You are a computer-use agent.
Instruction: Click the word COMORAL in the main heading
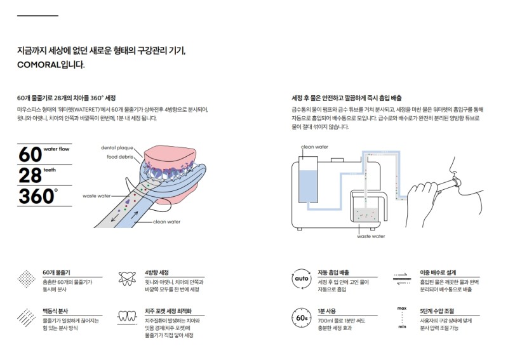click(x=39, y=65)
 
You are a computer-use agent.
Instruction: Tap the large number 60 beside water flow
click(x=29, y=154)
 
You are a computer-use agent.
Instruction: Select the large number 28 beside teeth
click(x=29, y=175)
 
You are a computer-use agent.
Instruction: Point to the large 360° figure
click(x=37, y=196)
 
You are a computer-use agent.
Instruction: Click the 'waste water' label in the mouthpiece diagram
click(x=97, y=196)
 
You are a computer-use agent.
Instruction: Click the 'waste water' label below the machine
click(x=371, y=236)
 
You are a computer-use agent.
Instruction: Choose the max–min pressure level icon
click(x=401, y=316)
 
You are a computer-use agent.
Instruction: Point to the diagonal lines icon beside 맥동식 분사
click(x=26, y=316)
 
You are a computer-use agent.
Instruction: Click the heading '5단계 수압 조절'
click(x=438, y=310)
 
